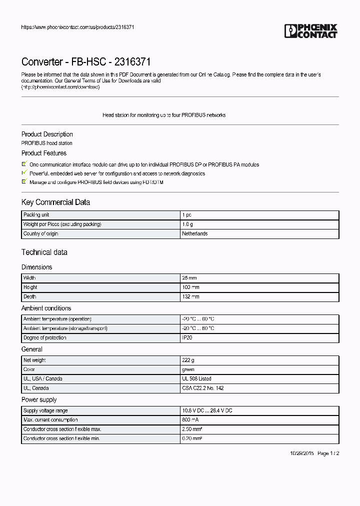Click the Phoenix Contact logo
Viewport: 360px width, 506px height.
coord(310,31)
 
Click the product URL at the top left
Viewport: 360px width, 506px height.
coord(77,27)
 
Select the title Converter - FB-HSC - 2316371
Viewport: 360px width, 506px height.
coord(86,61)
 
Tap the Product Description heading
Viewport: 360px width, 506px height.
coord(47,134)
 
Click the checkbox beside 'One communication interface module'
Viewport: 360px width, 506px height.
coord(24,164)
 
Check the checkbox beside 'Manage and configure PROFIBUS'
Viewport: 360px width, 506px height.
coord(24,182)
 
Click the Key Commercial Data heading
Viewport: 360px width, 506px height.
coord(55,202)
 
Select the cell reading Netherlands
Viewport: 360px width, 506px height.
coord(194,233)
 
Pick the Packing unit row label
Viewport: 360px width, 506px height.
coord(36,214)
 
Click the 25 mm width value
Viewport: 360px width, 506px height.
coord(189,277)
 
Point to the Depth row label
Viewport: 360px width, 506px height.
coord(30,296)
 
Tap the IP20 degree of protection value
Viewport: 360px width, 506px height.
coord(186,337)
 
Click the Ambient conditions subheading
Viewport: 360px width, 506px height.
coord(46,308)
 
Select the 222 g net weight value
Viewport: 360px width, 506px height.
coord(188,359)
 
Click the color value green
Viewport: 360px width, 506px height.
coord(188,369)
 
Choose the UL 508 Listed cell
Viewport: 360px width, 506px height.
coord(196,378)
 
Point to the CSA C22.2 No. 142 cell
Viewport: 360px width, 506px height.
coord(202,388)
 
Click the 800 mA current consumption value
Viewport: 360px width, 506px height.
coord(190,419)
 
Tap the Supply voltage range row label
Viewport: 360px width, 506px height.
coord(45,410)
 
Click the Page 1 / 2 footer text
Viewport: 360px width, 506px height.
coord(328,453)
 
